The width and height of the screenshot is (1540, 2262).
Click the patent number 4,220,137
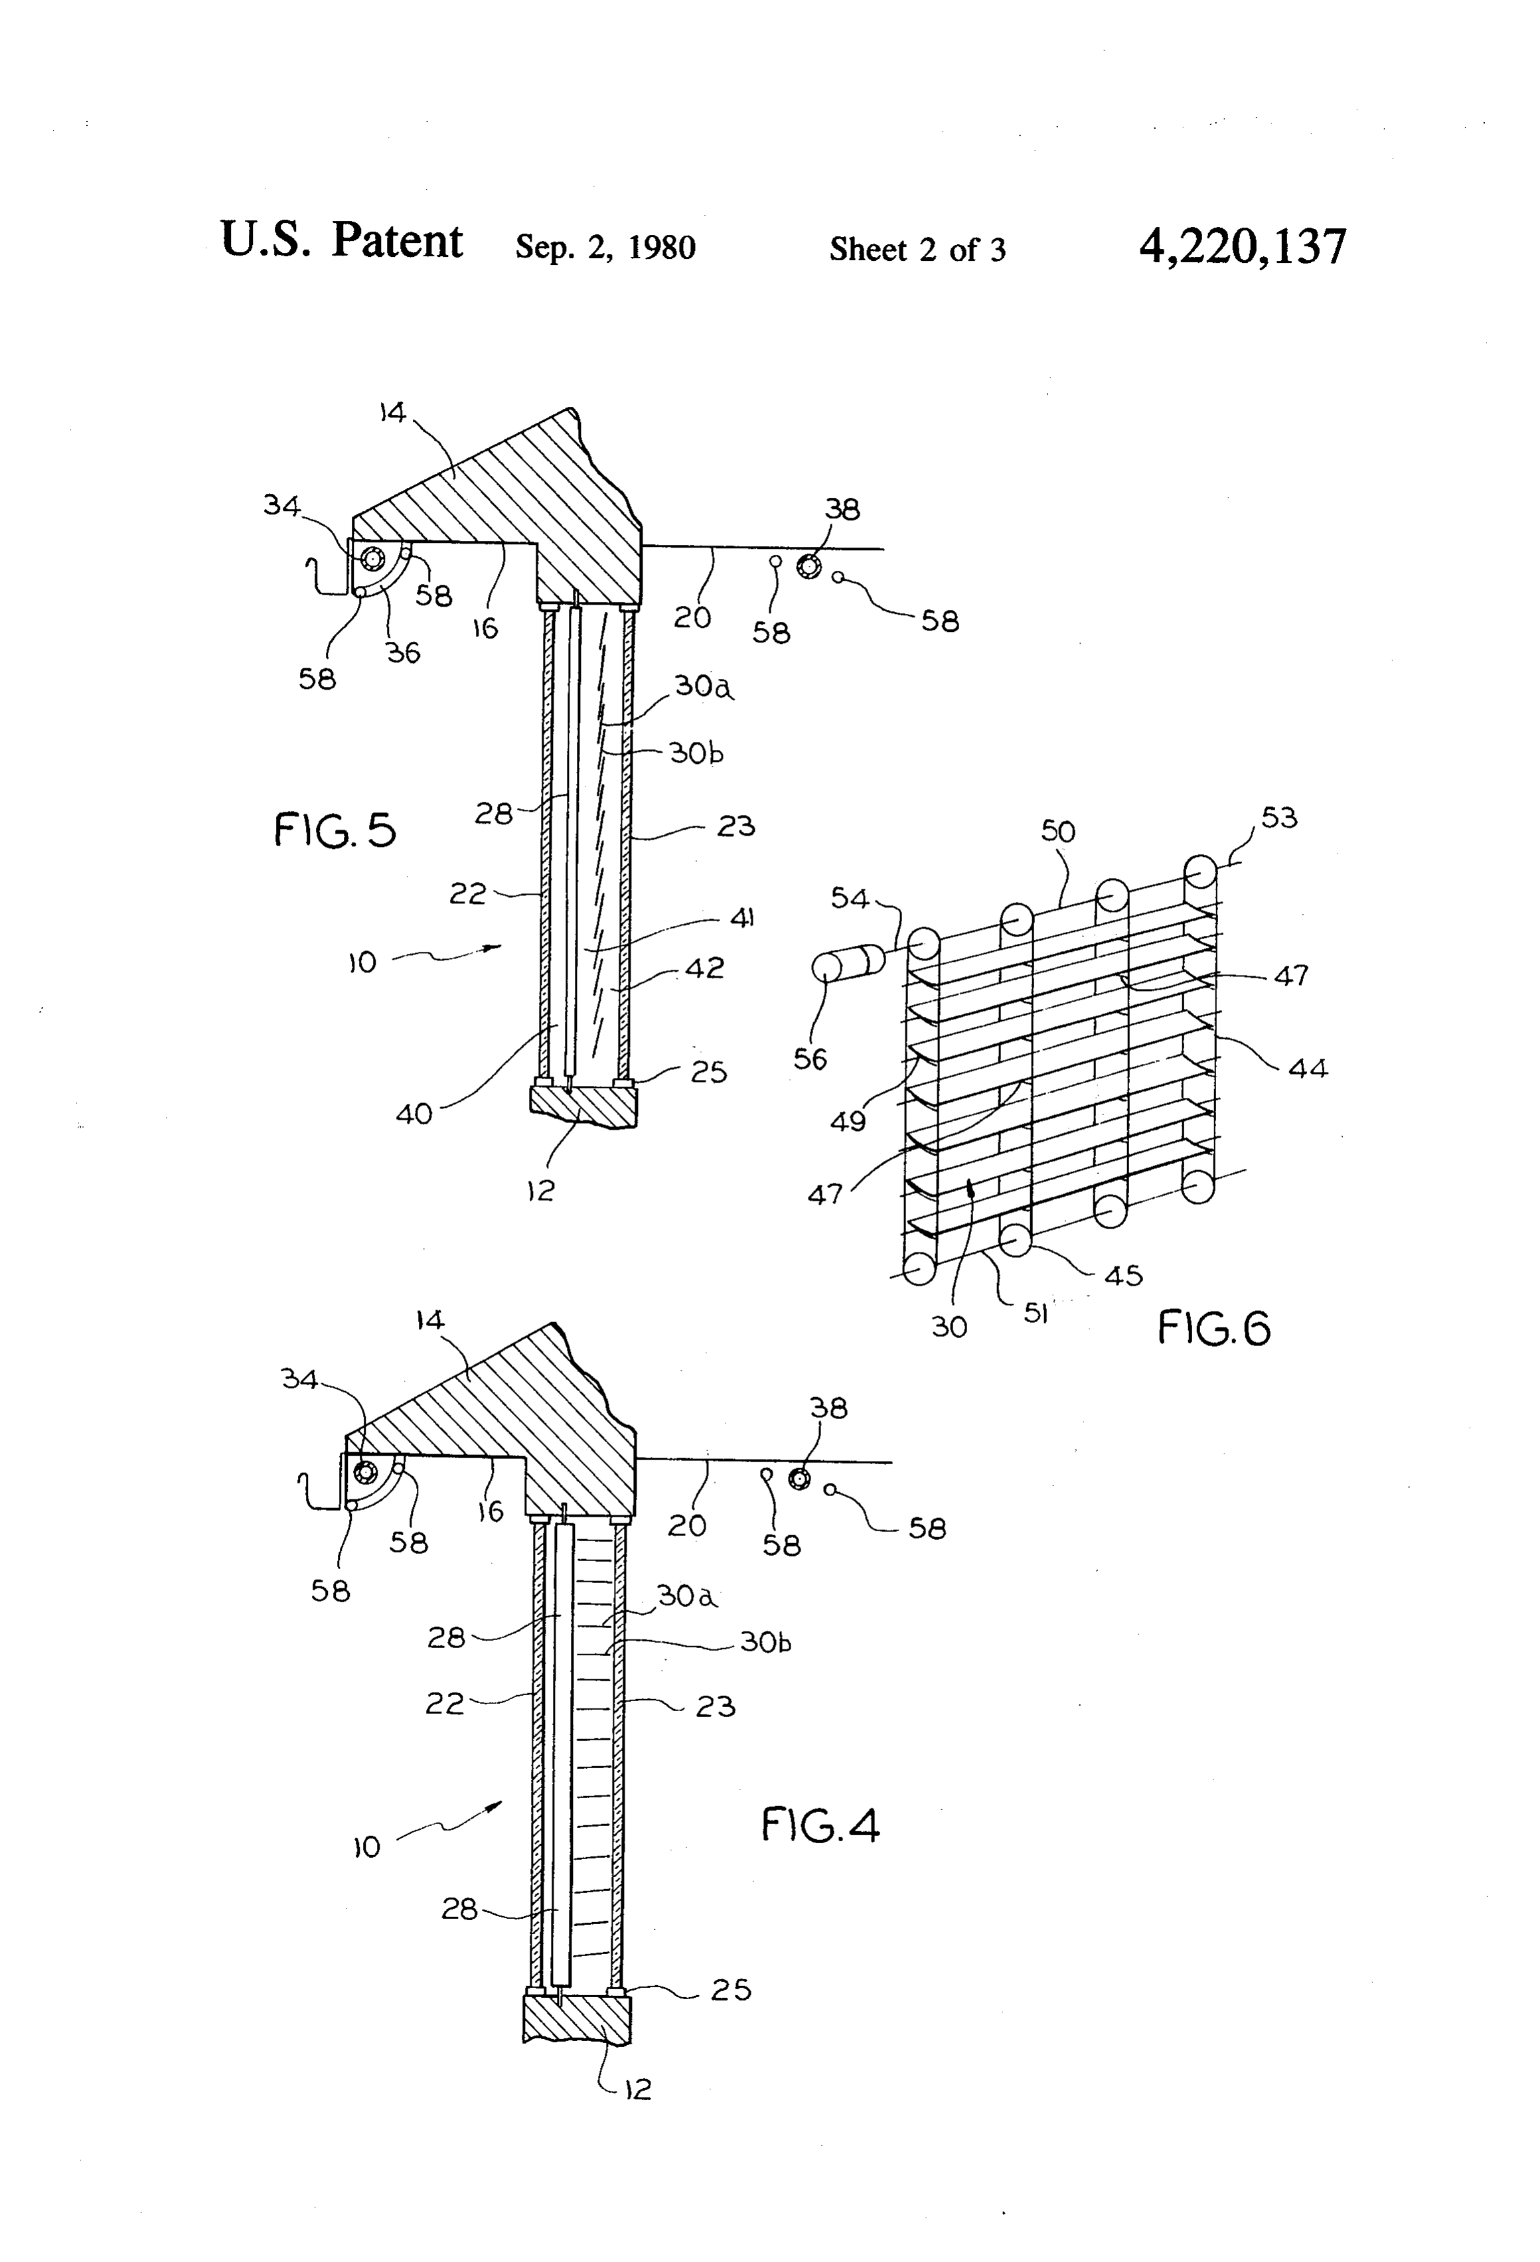pos(1243,246)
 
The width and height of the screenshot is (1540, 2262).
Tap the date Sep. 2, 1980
pos(605,247)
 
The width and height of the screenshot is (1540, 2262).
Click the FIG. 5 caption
pos(335,830)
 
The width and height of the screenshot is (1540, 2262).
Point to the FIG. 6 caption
pos(1214,1327)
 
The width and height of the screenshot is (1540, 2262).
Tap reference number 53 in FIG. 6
pos(1279,818)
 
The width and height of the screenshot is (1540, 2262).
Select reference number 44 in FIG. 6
pos(1308,1069)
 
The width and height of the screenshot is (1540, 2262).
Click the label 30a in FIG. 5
pos(703,687)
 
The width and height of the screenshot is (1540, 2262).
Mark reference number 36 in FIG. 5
pos(403,653)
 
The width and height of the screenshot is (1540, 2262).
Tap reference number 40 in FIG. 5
pos(414,1114)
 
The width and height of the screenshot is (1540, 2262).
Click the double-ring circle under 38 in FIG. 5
pos(808,565)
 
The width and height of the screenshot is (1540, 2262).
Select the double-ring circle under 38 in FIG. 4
pos(799,1479)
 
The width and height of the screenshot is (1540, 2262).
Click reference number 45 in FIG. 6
pos(1123,1275)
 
